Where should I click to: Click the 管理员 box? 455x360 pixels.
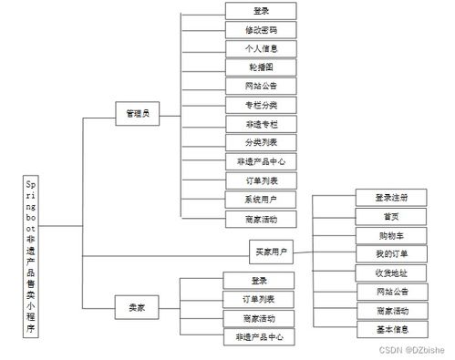(x=139, y=113)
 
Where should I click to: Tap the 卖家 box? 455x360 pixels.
(x=136, y=308)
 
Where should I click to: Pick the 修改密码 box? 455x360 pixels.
(x=260, y=30)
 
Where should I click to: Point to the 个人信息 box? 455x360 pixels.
(x=260, y=48)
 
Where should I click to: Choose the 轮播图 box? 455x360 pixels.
(x=260, y=67)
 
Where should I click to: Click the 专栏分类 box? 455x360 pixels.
(x=260, y=105)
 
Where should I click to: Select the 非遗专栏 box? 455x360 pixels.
(x=260, y=123)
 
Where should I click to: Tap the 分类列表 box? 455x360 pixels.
(x=260, y=142)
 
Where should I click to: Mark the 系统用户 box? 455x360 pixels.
(x=260, y=200)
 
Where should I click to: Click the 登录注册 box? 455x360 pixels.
(x=390, y=198)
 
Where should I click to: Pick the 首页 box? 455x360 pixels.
(x=390, y=216)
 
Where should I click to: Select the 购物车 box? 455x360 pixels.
(x=390, y=234)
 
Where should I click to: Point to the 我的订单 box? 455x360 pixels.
(x=390, y=253)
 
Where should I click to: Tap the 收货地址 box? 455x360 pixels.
(x=390, y=273)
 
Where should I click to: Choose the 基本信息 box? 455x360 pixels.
(x=390, y=329)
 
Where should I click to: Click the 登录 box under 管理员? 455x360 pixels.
(x=260, y=11)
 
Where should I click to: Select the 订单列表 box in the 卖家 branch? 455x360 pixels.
(x=259, y=299)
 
